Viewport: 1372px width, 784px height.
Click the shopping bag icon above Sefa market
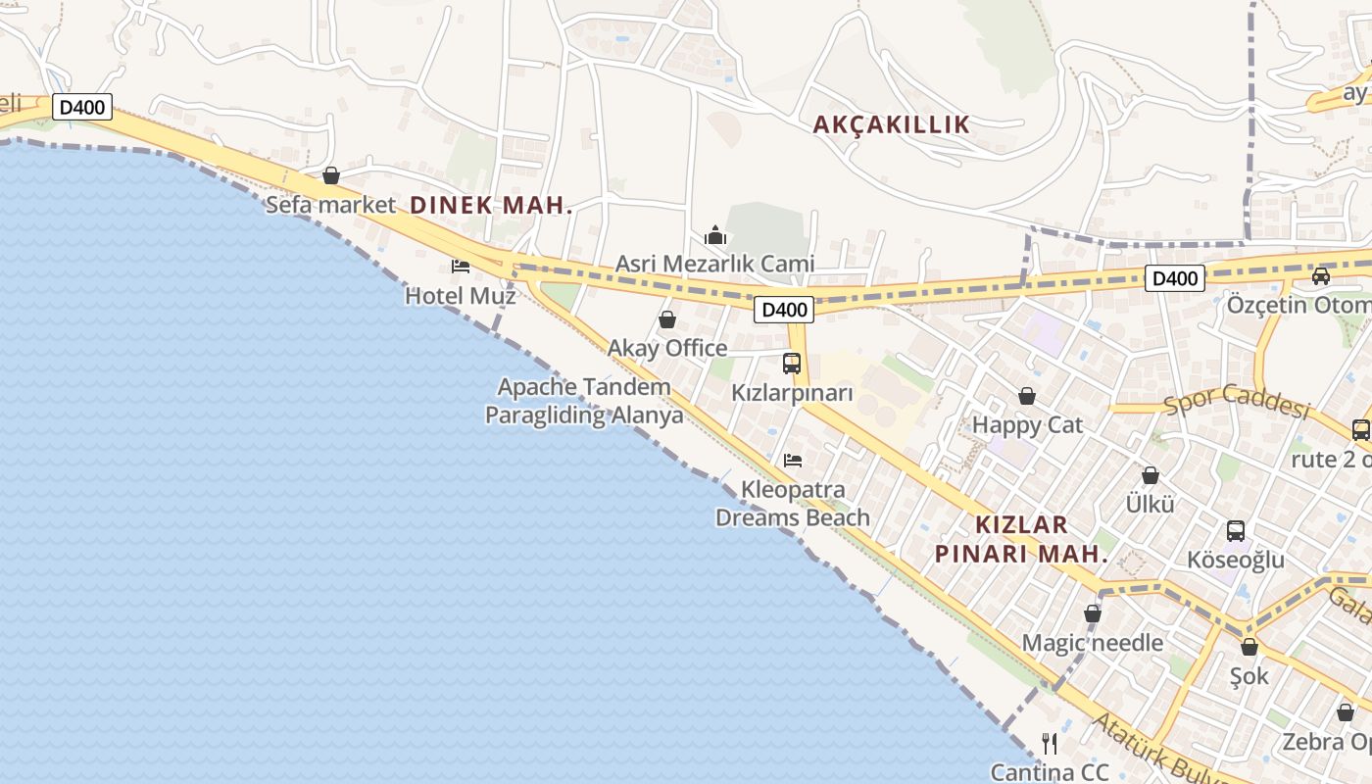point(331,175)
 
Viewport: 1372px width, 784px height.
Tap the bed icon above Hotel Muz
point(461,266)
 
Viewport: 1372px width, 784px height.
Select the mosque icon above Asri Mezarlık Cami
point(715,235)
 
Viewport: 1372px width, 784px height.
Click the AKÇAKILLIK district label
point(892,124)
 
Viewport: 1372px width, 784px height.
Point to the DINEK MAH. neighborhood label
point(491,206)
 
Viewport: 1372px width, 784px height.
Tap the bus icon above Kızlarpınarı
point(792,364)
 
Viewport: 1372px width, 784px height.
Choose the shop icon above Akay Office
point(667,319)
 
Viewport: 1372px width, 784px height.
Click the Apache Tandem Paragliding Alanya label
point(584,401)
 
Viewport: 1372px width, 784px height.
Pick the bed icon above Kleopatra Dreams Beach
point(793,460)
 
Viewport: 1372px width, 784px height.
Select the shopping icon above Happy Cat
point(1027,396)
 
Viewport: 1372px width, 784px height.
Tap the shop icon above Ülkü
point(1151,475)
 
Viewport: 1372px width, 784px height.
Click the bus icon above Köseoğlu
point(1236,531)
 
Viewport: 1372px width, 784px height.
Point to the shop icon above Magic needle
point(1093,613)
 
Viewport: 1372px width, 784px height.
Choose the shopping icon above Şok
point(1249,647)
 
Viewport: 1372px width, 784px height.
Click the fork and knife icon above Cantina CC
point(1050,743)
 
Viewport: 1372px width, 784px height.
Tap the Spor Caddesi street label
point(1237,405)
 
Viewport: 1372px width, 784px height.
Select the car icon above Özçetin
point(1321,276)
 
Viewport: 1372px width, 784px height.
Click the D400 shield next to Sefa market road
point(82,107)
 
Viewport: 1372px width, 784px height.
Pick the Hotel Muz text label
point(461,295)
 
